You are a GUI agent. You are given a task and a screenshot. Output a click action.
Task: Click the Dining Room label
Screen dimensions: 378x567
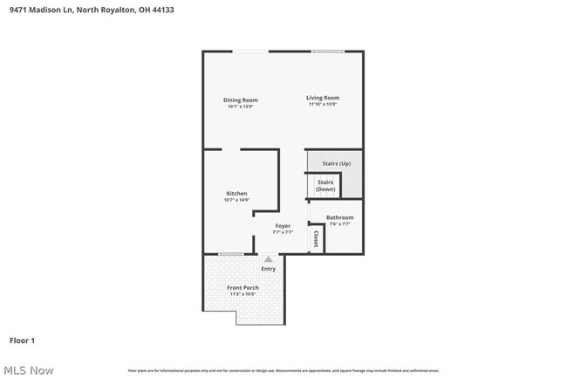point(240,100)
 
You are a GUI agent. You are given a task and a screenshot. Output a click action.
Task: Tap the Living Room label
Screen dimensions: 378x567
point(323,98)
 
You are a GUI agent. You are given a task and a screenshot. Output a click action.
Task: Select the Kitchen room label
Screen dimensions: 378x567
point(236,193)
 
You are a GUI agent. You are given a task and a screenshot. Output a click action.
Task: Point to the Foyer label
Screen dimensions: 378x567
point(282,226)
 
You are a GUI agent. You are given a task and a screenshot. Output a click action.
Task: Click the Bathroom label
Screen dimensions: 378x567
point(339,217)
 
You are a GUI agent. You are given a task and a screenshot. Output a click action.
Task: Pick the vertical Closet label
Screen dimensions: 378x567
point(316,238)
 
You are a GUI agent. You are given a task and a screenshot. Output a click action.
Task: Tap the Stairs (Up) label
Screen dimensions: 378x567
point(336,163)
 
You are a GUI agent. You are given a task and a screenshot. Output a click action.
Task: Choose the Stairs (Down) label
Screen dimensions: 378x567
point(325,185)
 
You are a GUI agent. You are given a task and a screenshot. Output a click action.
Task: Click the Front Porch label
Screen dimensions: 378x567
point(243,287)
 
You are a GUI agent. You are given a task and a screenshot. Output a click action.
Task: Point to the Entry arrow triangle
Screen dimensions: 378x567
point(269,259)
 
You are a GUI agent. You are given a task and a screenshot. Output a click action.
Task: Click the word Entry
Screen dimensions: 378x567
point(269,269)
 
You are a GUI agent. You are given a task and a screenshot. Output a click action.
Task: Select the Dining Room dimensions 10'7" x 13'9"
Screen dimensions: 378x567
point(240,107)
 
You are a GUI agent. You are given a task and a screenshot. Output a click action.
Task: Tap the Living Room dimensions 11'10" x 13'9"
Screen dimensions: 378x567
point(323,105)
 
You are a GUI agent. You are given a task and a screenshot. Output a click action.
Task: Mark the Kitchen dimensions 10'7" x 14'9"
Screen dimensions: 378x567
point(236,200)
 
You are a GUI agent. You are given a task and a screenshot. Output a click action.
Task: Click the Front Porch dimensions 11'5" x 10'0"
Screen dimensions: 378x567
point(243,294)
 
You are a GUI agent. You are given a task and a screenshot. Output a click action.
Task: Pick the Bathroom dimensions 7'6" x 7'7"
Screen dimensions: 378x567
point(339,224)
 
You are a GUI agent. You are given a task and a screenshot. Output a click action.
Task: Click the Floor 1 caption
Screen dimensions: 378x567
point(22,340)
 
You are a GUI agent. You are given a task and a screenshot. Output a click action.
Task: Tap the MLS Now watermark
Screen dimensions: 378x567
point(28,370)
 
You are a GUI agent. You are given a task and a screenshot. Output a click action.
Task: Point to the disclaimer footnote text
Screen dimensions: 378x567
point(283,371)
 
